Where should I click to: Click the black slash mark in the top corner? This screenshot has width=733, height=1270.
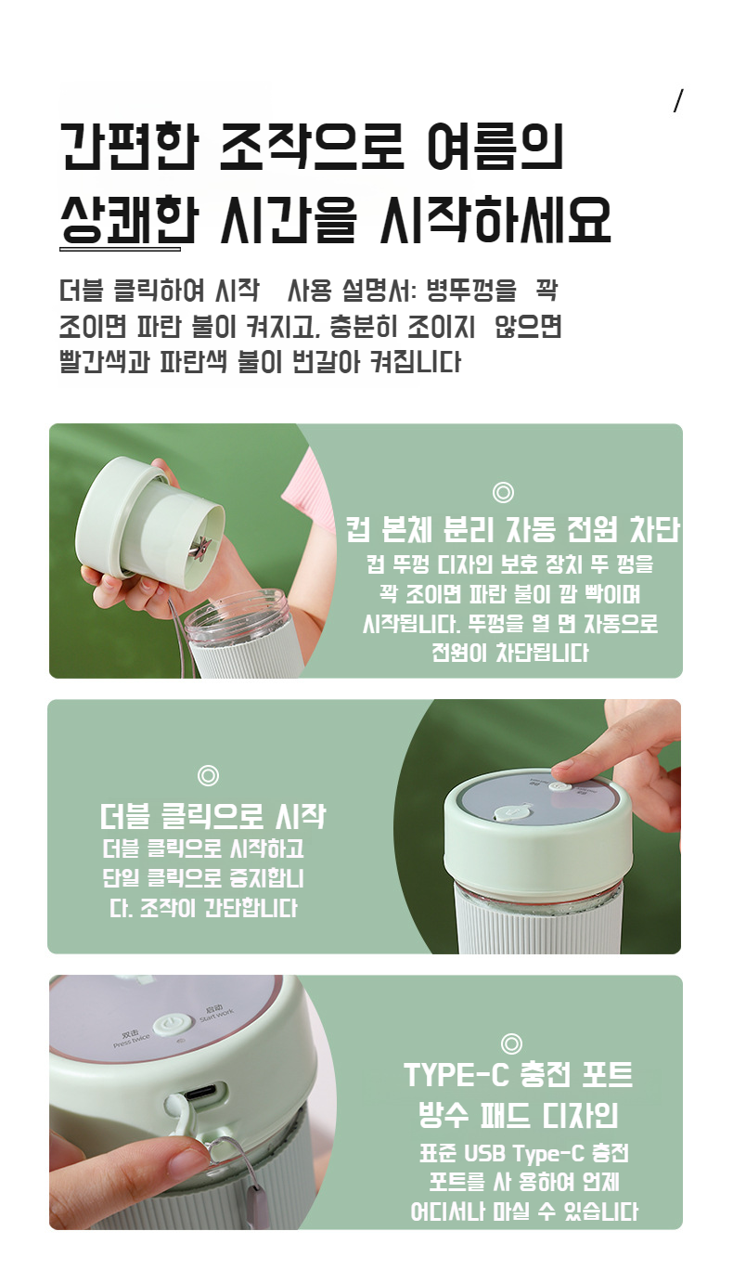[678, 100]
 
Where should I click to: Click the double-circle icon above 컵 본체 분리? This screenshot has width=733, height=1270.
[503, 492]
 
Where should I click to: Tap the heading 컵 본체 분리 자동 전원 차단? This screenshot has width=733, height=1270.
[513, 529]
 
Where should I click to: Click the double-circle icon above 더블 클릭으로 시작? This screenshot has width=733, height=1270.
[208, 775]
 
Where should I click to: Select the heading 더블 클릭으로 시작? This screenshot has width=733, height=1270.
[212, 816]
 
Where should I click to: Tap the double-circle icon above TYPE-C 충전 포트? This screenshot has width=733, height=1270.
[511, 1043]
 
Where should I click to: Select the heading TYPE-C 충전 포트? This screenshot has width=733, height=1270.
[518, 1074]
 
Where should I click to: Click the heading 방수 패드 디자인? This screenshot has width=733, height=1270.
[518, 1115]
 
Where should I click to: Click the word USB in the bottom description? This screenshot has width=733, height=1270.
[485, 1153]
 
